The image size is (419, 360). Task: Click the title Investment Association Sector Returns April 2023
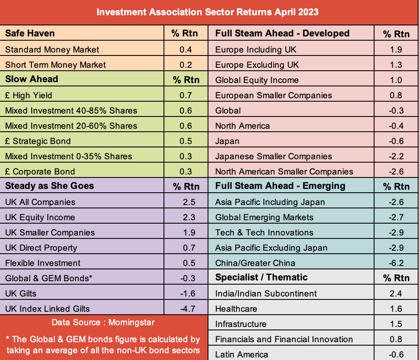207,12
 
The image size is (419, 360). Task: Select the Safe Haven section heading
30,33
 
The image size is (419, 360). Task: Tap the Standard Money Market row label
52,50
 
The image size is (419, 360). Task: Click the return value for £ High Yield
186,95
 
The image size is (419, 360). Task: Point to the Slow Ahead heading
31,79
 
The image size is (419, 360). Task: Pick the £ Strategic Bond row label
38,141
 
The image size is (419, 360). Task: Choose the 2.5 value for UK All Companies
189,202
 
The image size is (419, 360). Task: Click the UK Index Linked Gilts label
47,309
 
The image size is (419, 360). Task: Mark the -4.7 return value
188,309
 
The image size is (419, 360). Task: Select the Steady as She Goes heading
50,186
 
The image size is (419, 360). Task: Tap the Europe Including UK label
256,50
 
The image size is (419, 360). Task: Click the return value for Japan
396,141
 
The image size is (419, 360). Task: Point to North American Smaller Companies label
284,172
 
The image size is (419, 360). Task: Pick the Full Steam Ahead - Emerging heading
280,186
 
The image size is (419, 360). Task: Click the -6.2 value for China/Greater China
396,263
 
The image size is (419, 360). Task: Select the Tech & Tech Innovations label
264,233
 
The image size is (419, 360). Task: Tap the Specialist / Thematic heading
261,277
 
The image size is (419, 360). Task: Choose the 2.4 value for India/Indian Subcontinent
396,294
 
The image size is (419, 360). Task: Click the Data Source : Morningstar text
103,322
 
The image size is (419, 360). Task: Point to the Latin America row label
241,354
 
